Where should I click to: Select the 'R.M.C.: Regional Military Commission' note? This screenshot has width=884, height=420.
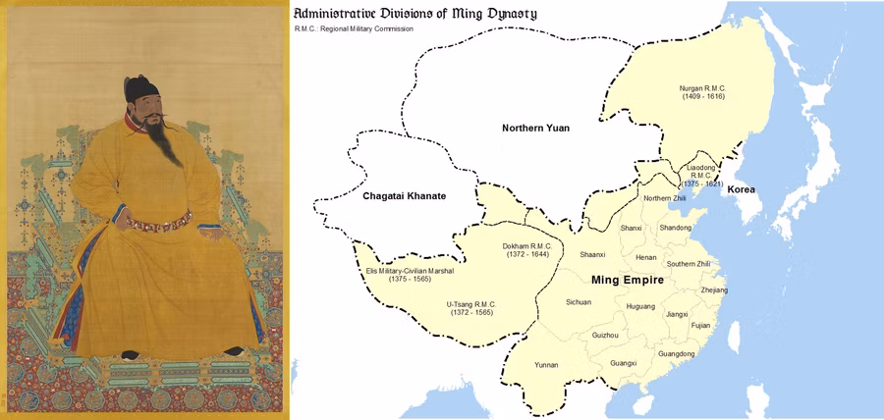pyautogui.click(x=354, y=29)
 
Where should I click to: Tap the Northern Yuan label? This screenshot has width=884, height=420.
pyautogui.click(x=535, y=129)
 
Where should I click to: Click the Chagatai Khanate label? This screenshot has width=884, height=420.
pyautogui.click(x=405, y=196)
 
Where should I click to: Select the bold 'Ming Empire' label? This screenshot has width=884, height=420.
pyautogui.click(x=628, y=281)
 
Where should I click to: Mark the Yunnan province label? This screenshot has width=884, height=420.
pyautogui.click(x=546, y=365)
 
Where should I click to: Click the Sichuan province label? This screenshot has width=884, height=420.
pyautogui.click(x=579, y=302)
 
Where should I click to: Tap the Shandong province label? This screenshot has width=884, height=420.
pyautogui.click(x=676, y=228)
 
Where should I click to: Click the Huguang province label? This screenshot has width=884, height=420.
pyautogui.click(x=639, y=306)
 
